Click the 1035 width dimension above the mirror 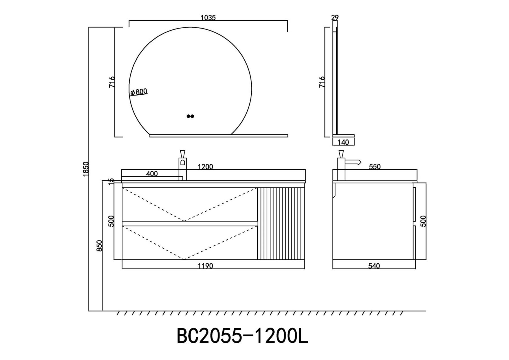tap(208, 18)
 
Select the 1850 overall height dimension tap(86, 169)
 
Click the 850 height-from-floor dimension tap(99, 246)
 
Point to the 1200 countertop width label tap(205, 167)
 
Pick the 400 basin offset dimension tap(152, 174)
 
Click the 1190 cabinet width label tap(205, 266)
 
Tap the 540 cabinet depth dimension tap(374, 266)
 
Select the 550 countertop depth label tap(375, 167)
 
